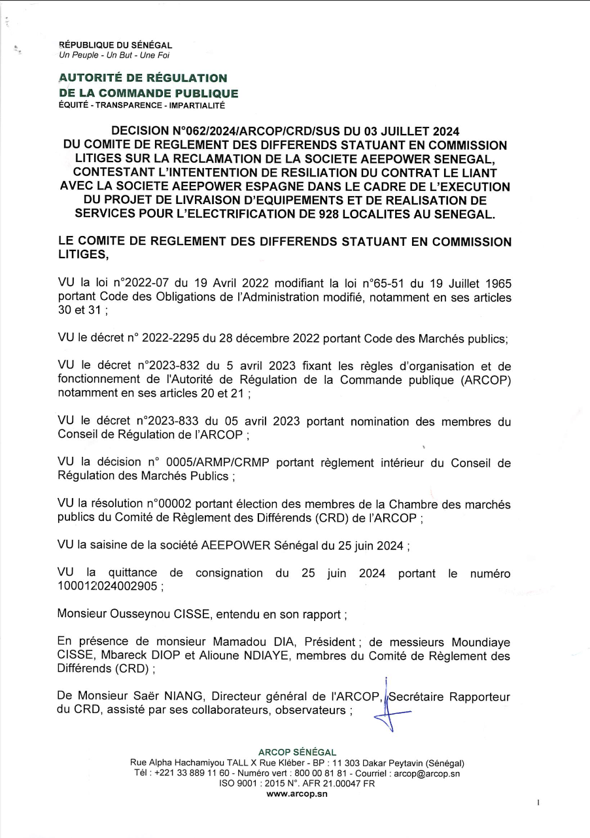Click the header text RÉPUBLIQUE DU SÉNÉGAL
(116, 45)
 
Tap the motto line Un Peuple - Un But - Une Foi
(105, 55)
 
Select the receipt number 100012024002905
(107, 586)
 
